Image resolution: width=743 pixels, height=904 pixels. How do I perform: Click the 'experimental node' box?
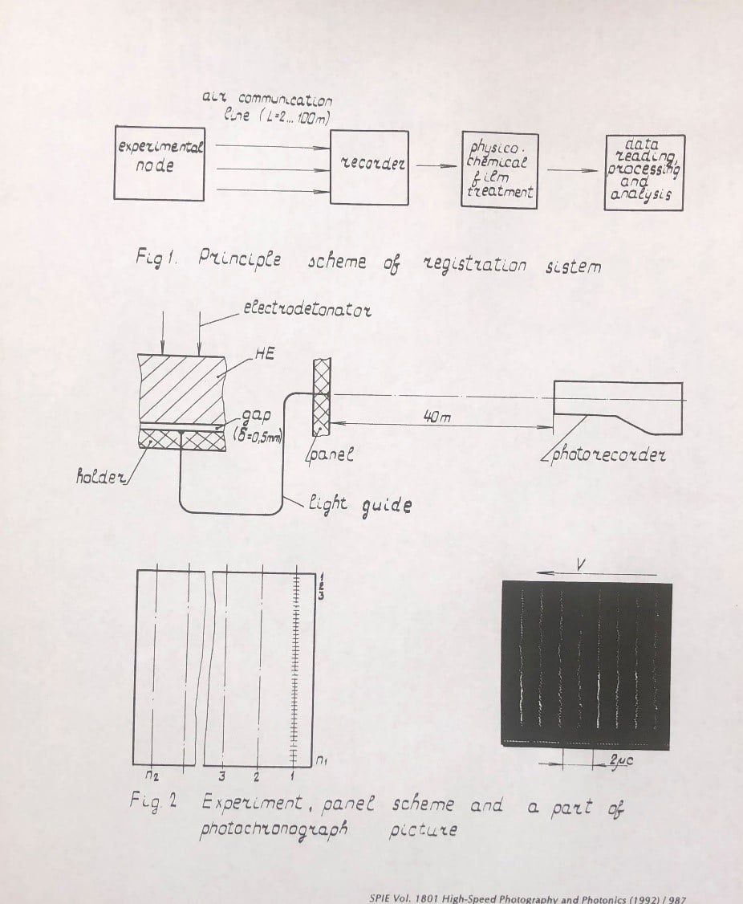click(x=160, y=163)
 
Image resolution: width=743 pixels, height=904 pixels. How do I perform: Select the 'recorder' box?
click(x=369, y=167)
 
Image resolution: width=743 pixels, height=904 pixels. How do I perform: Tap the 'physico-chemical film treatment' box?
click(x=500, y=169)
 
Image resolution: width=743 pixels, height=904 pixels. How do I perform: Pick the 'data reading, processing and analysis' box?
click(x=644, y=173)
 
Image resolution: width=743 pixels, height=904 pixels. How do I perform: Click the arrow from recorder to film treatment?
click(x=436, y=166)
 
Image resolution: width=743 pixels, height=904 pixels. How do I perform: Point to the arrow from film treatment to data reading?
click(x=572, y=170)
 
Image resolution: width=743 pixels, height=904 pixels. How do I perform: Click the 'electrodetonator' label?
click(x=307, y=309)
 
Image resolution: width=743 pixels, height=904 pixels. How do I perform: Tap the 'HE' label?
click(x=264, y=354)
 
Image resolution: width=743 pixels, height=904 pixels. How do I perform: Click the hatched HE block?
click(x=182, y=389)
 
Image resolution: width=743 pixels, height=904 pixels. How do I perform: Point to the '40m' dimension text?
click(x=437, y=417)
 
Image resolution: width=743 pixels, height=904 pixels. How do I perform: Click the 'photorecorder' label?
click(x=609, y=455)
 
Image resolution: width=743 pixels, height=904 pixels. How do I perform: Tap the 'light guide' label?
click(x=359, y=504)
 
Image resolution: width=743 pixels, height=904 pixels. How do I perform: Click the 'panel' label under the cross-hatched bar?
click(x=331, y=454)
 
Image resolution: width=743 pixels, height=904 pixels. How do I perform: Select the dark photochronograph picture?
click(x=587, y=665)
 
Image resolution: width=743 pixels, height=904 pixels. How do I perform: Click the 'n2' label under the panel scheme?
click(x=152, y=776)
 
